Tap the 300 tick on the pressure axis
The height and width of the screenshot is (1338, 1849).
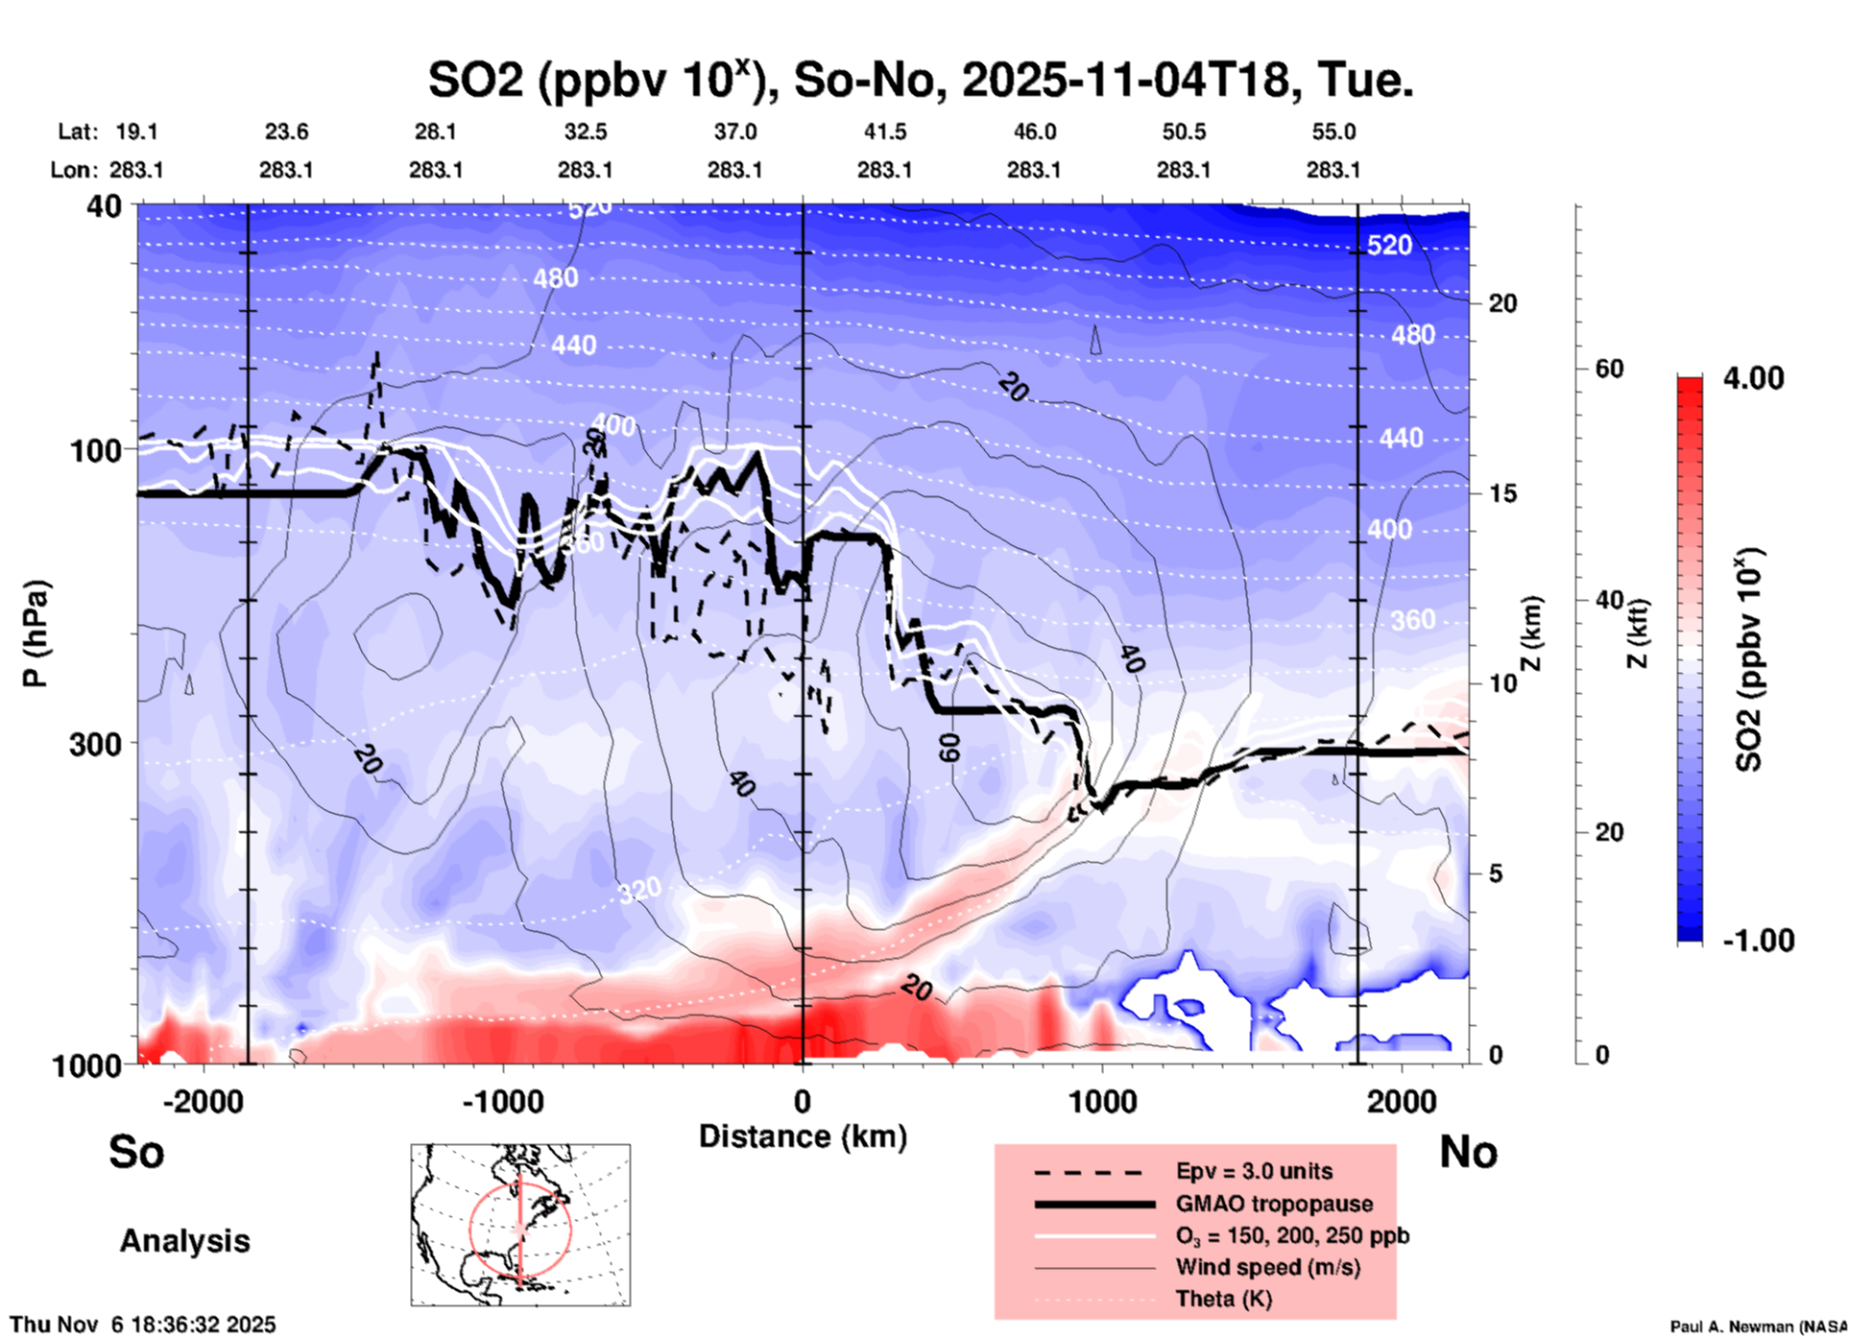96,744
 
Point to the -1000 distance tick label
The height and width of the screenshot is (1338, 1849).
502,1101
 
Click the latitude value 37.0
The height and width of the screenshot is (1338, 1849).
734,131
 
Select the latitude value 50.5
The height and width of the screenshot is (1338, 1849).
1183,131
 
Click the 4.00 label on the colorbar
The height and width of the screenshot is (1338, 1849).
1753,378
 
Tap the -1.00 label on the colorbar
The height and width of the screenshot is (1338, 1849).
1758,941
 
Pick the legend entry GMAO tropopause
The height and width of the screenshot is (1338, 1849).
1274,1204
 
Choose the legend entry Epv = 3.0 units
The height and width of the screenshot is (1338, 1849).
1254,1172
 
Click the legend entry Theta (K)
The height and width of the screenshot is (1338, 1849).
1223,1299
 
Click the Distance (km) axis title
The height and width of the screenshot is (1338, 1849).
803,1136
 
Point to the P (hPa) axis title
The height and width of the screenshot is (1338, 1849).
36,633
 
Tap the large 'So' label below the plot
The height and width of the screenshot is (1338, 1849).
136,1152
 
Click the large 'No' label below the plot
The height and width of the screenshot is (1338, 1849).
1468,1152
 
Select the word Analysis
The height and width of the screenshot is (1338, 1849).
184,1241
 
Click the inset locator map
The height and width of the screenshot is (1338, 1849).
520,1225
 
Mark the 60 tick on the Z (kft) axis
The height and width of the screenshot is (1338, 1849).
1609,369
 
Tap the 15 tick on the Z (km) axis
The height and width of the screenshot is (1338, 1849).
1502,493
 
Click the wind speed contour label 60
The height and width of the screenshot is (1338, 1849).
949,747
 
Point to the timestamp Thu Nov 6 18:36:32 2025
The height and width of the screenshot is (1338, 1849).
143,1325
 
